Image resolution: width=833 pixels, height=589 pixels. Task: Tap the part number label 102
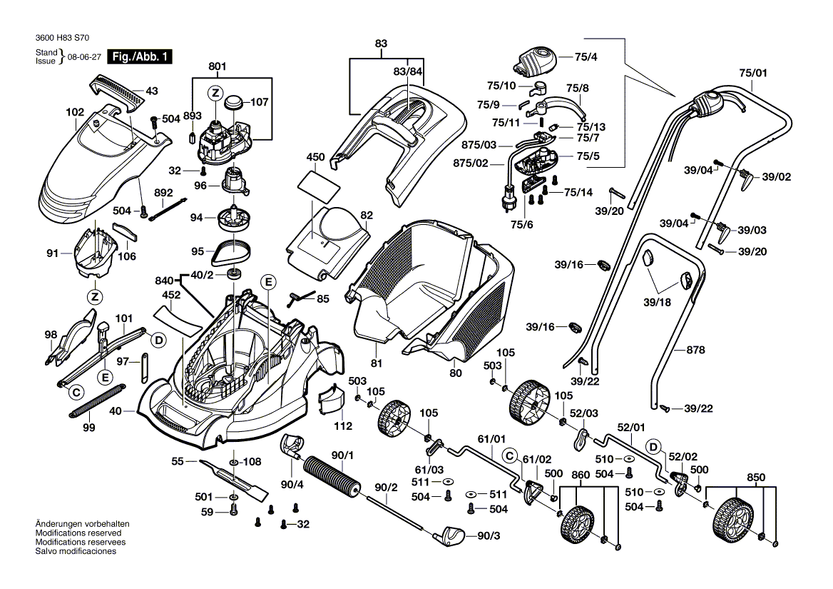pyautogui.click(x=75, y=113)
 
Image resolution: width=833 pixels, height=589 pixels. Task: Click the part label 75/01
pyautogui.click(x=753, y=73)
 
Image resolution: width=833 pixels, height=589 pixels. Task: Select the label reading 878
pyautogui.click(x=695, y=350)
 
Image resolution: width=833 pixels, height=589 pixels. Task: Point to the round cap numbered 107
pyautogui.click(x=233, y=103)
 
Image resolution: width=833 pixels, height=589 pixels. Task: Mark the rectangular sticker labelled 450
pyautogui.click(x=315, y=181)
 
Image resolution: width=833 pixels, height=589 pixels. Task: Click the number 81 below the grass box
pyautogui.click(x=377, y=363)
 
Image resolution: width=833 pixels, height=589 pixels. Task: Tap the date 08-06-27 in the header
pyautogui.click(x=83, y=57)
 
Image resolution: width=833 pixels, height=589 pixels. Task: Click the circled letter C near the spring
pyautogui.click(x=74, y=391)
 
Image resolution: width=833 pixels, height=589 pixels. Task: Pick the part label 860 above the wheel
pyautogui.click(x=581, y=474)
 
